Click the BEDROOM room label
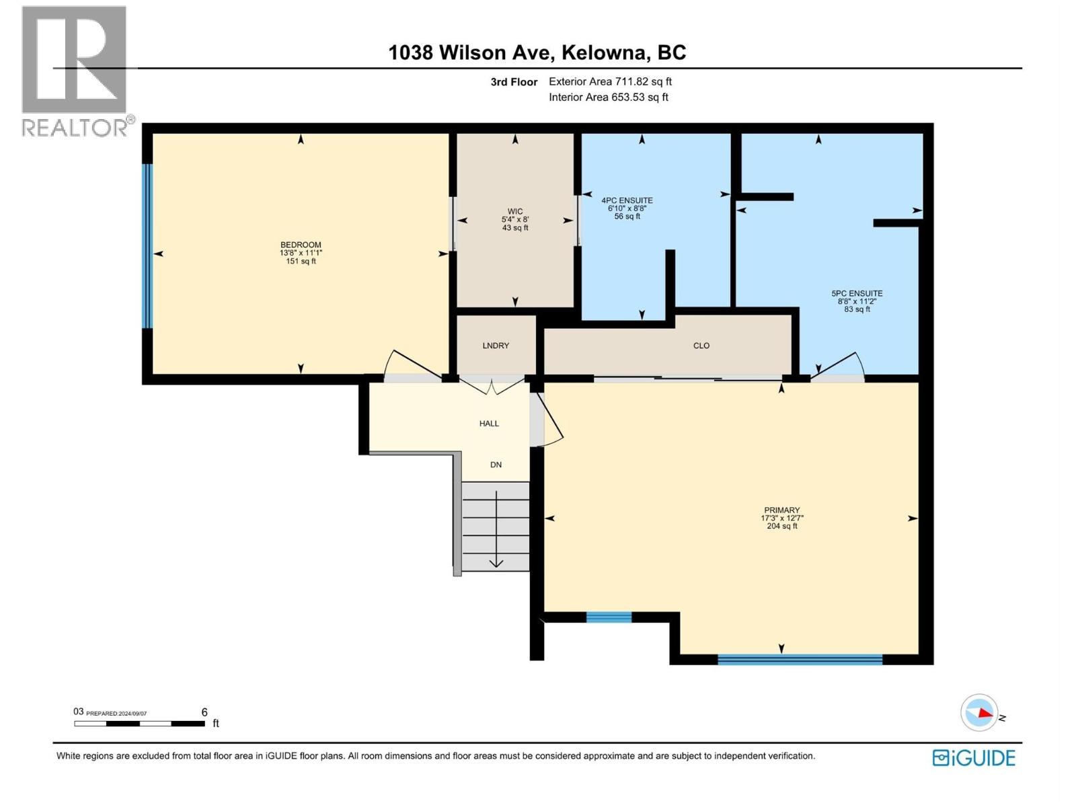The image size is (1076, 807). [x=301, y=245]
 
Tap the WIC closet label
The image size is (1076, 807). [x=515, y=211]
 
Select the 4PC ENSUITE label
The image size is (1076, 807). [x=627, y=200]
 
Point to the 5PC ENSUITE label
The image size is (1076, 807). [x=857, y=293]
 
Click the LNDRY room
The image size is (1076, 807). [x=496, y=346]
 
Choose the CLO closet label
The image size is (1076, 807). [x=701, y=346]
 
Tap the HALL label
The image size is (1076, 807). [x=489, y=424]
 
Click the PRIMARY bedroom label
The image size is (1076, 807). [x=781, y=510]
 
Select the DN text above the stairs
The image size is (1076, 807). [x=496, y=465]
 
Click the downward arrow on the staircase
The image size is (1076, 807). [x=496, y=562]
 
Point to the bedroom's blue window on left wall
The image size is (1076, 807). [x=147, y=246]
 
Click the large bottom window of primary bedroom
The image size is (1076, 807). [x=800, y=659]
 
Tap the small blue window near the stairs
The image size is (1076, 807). [x=609, y=617]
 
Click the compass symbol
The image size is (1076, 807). [x=979, y=713]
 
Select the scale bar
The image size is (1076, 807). [x=139, y=724]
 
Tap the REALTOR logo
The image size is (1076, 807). [x=75, y=71]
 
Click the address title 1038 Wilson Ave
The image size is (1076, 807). [x=537, y=52]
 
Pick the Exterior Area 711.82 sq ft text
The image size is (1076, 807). [x=610, y=81]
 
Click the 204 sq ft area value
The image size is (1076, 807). [x=781, y=526]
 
